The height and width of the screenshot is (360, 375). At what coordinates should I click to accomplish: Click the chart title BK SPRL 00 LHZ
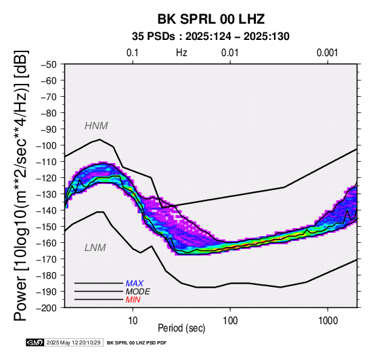coord(211,19)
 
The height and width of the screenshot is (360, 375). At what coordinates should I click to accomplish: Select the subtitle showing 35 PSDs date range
coord(211,37)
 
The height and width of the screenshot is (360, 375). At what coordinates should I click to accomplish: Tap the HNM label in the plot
coord(96,126)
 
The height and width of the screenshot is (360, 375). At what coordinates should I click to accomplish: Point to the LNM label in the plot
coord(95,248)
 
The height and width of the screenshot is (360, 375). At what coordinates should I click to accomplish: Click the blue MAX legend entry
coord(135,284)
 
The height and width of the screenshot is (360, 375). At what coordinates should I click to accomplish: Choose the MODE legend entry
coord(138,292)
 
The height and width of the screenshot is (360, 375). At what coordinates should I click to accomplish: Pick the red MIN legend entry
coord(133,300)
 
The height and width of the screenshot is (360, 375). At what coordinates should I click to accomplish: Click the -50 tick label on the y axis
coord(49,64)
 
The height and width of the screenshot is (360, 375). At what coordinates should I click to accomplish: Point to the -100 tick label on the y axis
coord(46,145)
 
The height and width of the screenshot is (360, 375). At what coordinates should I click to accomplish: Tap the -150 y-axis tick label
coord(46,227)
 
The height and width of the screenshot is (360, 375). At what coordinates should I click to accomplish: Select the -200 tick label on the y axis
coord(46,308)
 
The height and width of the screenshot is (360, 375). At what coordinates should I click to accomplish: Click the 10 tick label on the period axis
coord(133,321)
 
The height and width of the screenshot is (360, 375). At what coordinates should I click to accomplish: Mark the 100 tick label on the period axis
coord(230,321)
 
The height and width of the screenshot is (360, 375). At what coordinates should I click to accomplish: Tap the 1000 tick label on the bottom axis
coord(328,321)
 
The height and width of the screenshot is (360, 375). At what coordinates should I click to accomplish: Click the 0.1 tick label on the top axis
coord(133,53)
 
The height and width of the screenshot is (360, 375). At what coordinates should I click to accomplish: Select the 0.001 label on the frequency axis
coord(328,53)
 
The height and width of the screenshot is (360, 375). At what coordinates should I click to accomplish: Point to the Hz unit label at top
coord(181,53)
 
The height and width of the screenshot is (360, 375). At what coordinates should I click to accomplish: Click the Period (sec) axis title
coord(181,328)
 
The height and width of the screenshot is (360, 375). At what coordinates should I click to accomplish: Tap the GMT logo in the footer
coord(35,342)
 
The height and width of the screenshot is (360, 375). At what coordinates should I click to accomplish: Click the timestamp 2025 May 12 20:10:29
coord(74,342)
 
